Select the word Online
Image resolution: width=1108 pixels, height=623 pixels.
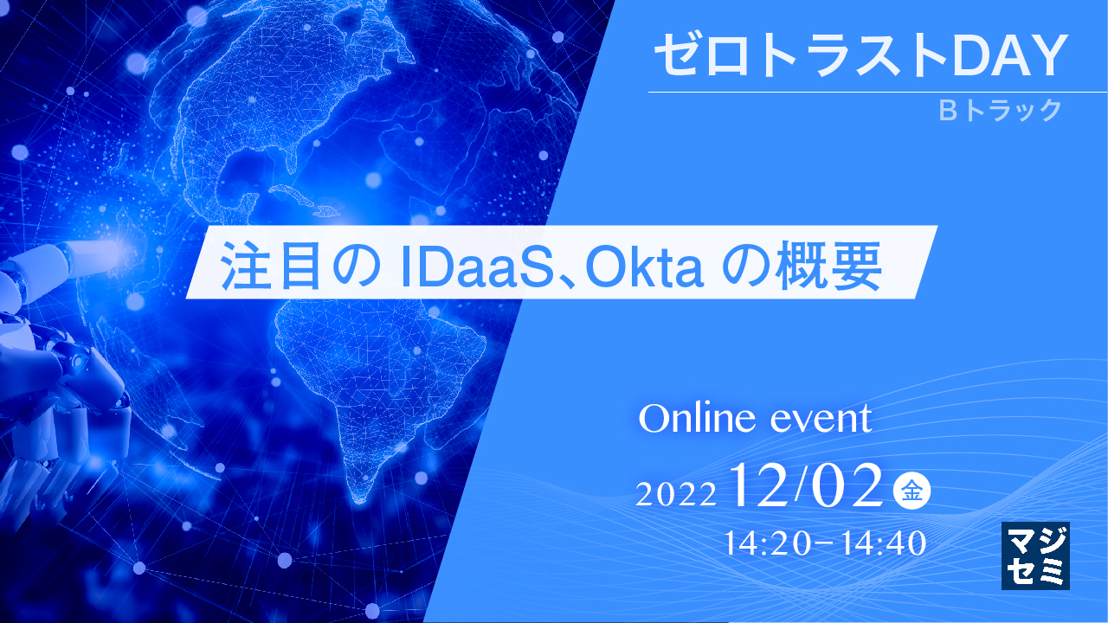coord(692,420)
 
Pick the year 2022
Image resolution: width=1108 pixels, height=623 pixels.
coord(676,494)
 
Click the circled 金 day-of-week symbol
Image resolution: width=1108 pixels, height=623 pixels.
coord(912,491)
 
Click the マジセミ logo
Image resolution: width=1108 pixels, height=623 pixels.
coord(1035,556)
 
